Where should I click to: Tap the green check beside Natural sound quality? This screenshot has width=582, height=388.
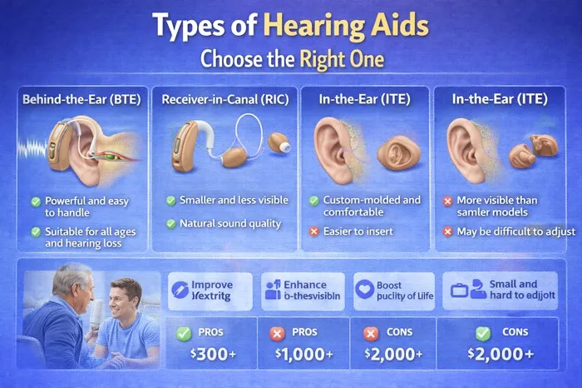tap(171, 223)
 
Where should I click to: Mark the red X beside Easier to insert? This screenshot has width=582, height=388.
tap(314, 231)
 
